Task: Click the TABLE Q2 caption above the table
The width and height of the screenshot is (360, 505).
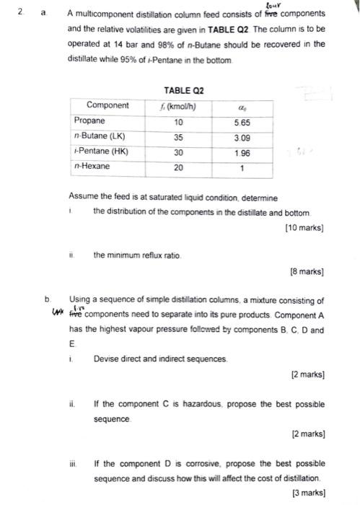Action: point(184,91)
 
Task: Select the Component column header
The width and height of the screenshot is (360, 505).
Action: point(107,106)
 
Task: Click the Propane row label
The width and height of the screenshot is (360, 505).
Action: point(90,121)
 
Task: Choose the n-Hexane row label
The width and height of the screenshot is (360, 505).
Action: point(93,167)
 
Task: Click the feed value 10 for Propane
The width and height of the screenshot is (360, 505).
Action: point(179,121)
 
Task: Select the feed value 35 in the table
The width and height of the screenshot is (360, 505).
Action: point(179,136)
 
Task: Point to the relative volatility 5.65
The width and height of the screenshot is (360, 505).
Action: point(242,122)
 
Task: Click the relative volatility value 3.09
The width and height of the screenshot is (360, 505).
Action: point(242,137)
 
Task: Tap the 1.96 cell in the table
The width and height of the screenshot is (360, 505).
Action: point(242,152)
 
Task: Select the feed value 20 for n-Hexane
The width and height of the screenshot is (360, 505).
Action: point(179,167)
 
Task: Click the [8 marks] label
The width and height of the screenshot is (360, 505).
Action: point(307,273)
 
